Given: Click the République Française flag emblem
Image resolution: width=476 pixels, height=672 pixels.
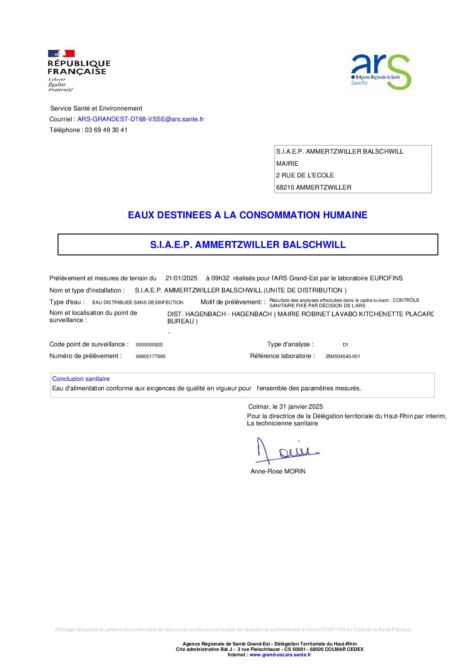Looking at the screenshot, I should click(x=61, y=53).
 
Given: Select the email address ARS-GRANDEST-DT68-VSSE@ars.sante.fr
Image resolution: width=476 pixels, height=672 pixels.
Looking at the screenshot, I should click(x=140, y=119).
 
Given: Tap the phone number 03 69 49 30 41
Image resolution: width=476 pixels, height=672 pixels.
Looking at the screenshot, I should click(x=106, y=130).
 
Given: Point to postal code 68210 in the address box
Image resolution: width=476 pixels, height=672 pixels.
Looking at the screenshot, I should click(x=285, y=187).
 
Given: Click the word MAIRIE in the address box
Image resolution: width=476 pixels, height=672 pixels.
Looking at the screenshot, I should click(x=287, y=164).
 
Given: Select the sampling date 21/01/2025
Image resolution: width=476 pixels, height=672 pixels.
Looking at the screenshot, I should click(x=181, y=278).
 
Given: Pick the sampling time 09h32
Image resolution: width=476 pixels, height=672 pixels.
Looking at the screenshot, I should click(x=220, y=278).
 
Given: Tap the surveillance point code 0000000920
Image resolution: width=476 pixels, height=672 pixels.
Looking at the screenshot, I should click(x=149, y=345).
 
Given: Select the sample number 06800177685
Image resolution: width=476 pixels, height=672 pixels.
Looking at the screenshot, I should click(x=151, y=357).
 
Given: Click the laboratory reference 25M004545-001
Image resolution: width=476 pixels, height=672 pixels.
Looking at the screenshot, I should click(x=343, y=357).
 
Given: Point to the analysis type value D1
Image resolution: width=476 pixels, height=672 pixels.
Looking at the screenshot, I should click(x=346, y=345).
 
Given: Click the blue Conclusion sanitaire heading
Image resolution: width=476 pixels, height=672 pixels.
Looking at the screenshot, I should click(x=81, y=379).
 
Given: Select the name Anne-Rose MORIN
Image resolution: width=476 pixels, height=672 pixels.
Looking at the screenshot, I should click(x=278, y=471).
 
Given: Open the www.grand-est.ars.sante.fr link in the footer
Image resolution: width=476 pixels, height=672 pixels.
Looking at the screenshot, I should click(x=280, y=655).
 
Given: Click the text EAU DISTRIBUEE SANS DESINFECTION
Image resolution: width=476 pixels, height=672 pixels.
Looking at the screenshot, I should click(x=138, y=303).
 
